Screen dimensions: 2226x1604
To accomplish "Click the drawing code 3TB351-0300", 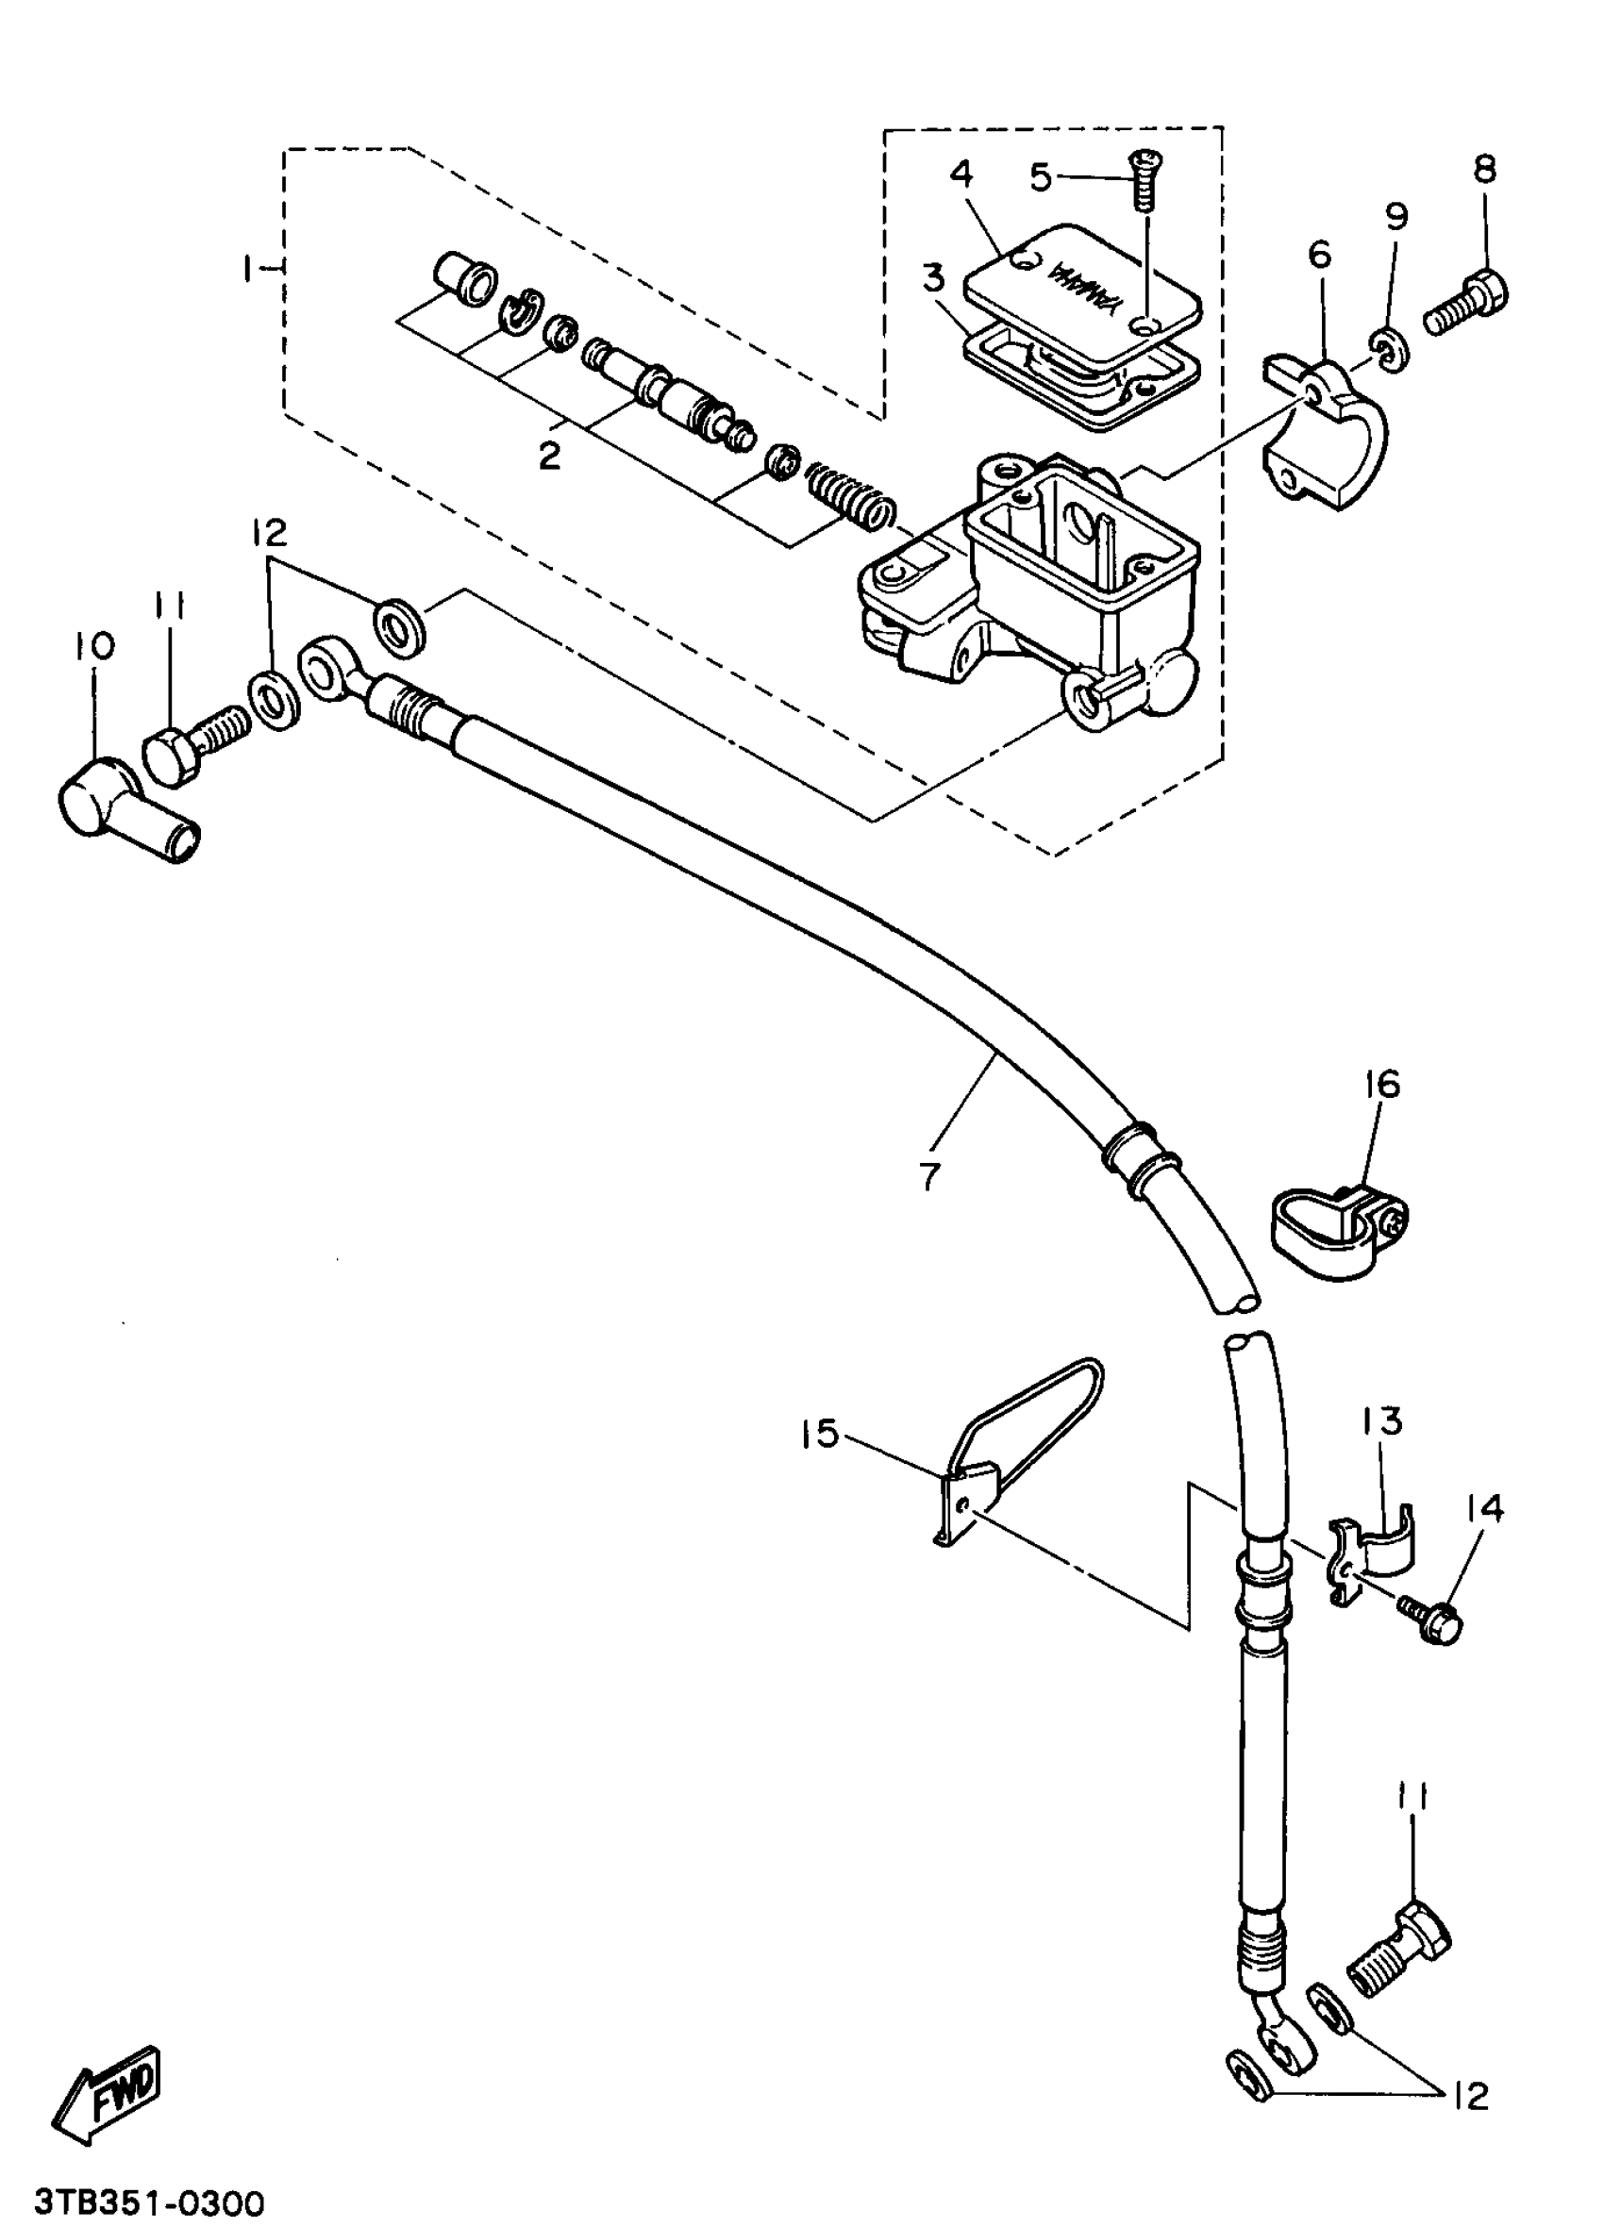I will point(149,2201).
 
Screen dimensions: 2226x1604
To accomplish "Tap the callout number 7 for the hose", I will point(929,1175).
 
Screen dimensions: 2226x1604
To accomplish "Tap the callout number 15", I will point(821,1434).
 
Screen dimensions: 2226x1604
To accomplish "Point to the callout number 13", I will point(1382,1421).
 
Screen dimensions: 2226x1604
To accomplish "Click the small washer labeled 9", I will point(1388,353).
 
